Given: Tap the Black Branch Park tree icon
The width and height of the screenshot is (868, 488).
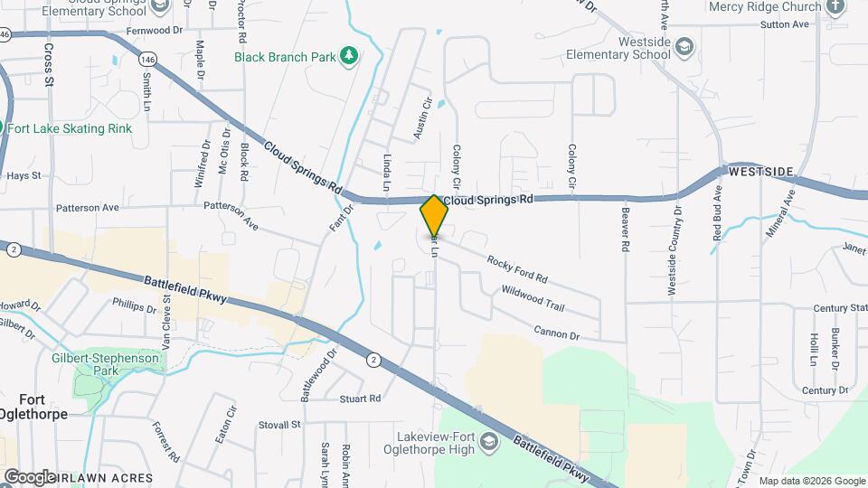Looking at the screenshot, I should (x=348, y=57).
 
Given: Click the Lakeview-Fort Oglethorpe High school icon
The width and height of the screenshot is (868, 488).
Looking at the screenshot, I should (x=489, y=442).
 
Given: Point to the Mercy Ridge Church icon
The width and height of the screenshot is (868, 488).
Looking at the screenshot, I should (x=835, y=6).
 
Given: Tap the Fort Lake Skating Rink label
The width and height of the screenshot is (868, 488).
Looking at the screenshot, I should (x=71, y=128).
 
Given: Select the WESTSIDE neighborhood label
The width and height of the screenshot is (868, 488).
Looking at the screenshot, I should (x=760, y=171).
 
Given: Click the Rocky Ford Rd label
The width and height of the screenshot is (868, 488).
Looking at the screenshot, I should (x=517, y=268).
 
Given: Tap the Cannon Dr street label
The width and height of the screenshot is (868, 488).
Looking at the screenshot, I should (x=556, y=333).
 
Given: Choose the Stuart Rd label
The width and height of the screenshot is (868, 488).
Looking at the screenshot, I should (x=360, y=398).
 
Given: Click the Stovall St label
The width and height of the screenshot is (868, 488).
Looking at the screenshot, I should (x=278, y=424).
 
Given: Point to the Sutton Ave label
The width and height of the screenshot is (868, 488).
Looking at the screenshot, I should (x=784, y=24).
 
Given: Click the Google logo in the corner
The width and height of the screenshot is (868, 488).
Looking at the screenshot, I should (x=29, y=476).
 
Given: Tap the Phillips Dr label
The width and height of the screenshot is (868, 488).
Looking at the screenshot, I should (x=134, y=307).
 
